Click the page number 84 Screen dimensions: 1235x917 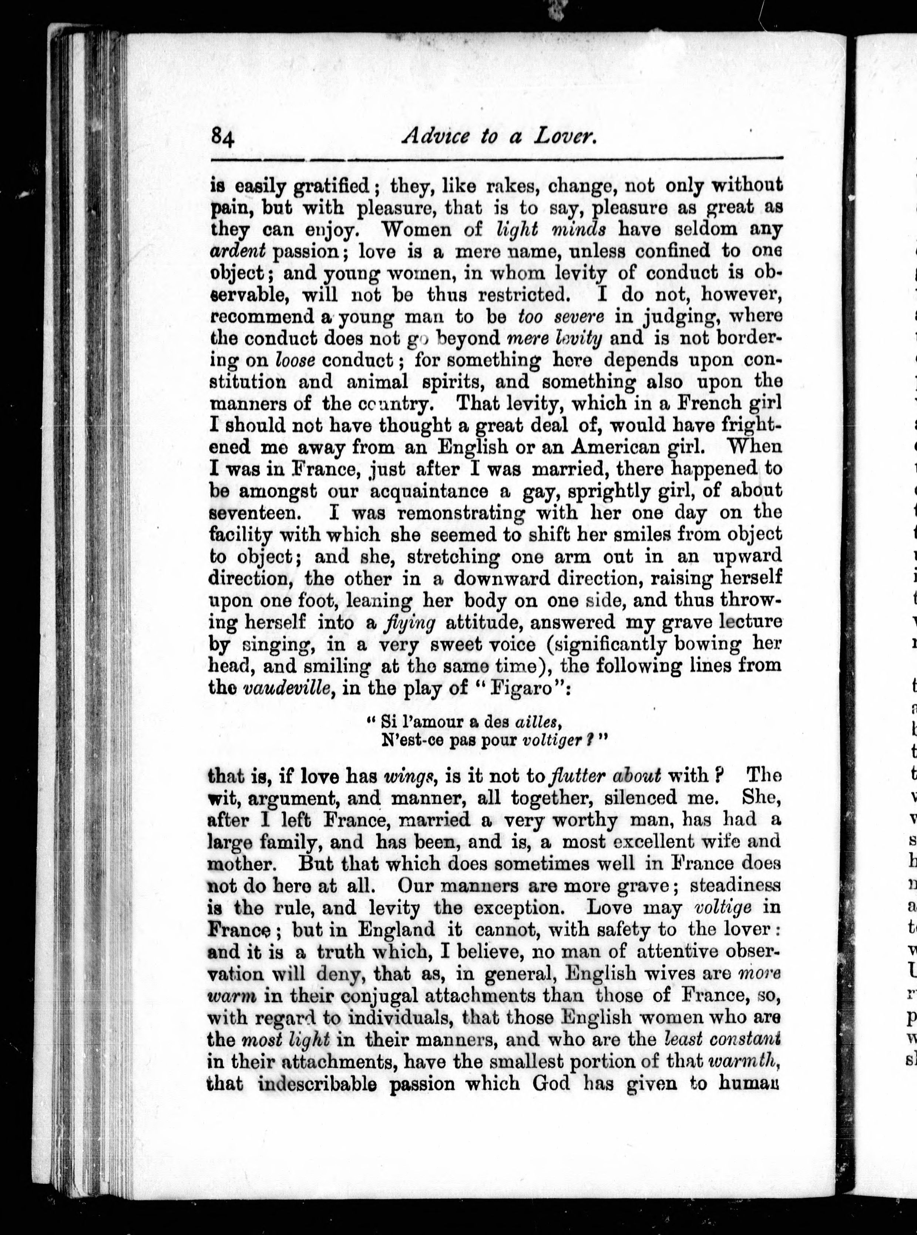point(223,136)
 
